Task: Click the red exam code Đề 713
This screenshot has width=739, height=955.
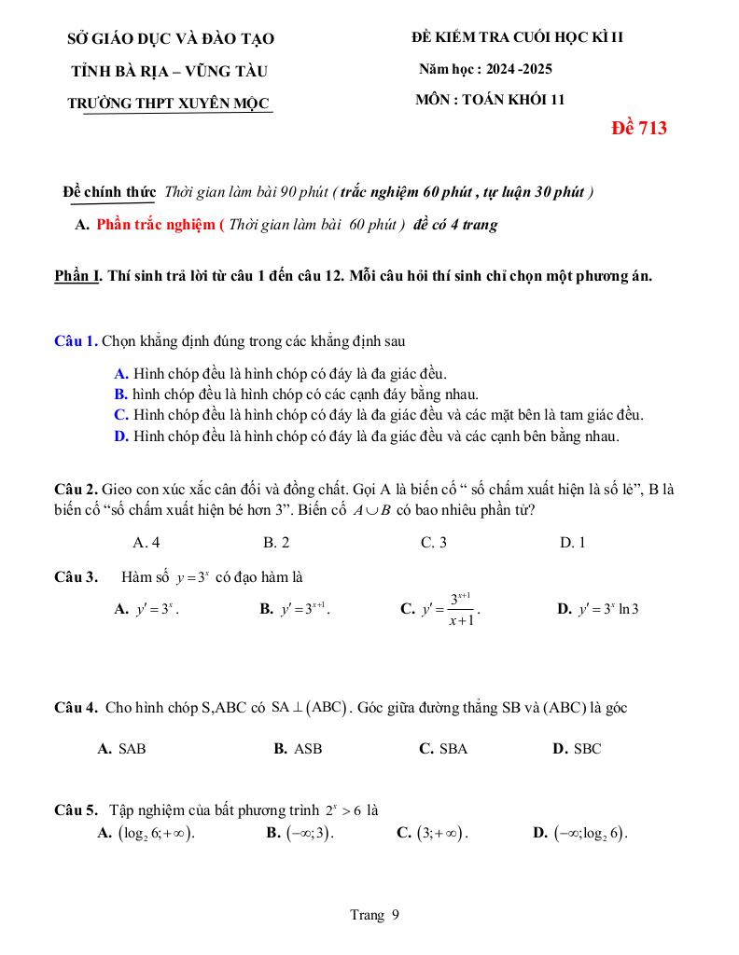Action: coord(638,129)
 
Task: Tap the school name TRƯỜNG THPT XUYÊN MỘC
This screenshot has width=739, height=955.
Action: coord(170,104)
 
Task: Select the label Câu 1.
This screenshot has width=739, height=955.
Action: coord(76,340)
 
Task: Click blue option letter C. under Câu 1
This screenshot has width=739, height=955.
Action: coord(120,415)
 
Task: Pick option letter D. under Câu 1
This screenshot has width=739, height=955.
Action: coord(120,436)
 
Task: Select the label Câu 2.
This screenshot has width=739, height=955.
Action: coord(76,489)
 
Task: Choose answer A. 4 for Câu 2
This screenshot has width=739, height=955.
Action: coord(146,543)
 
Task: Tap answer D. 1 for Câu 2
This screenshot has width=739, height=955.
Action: coord(572,543)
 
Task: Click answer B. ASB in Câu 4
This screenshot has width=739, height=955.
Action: coord(298,748)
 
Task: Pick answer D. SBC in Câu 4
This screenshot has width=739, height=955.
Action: coord(577,748)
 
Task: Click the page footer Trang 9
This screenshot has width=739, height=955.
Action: coord(374,915)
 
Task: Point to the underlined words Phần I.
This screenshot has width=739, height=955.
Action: coord(77,276)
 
